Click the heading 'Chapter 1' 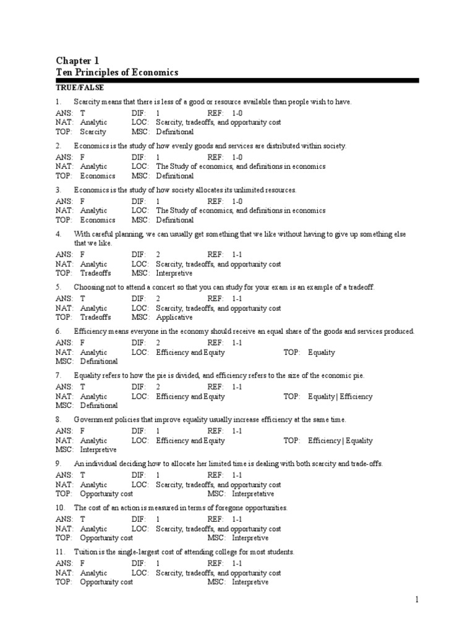point(77,61)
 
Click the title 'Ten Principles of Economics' point(117,72)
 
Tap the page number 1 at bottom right point(417,600)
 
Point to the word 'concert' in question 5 point(160,287)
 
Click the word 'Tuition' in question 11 point(86,552)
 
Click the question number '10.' point(61,508)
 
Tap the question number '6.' point(59,331)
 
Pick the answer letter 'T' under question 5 point(83,298)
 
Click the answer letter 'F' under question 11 point(83,563)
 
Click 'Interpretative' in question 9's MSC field point(252,494)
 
